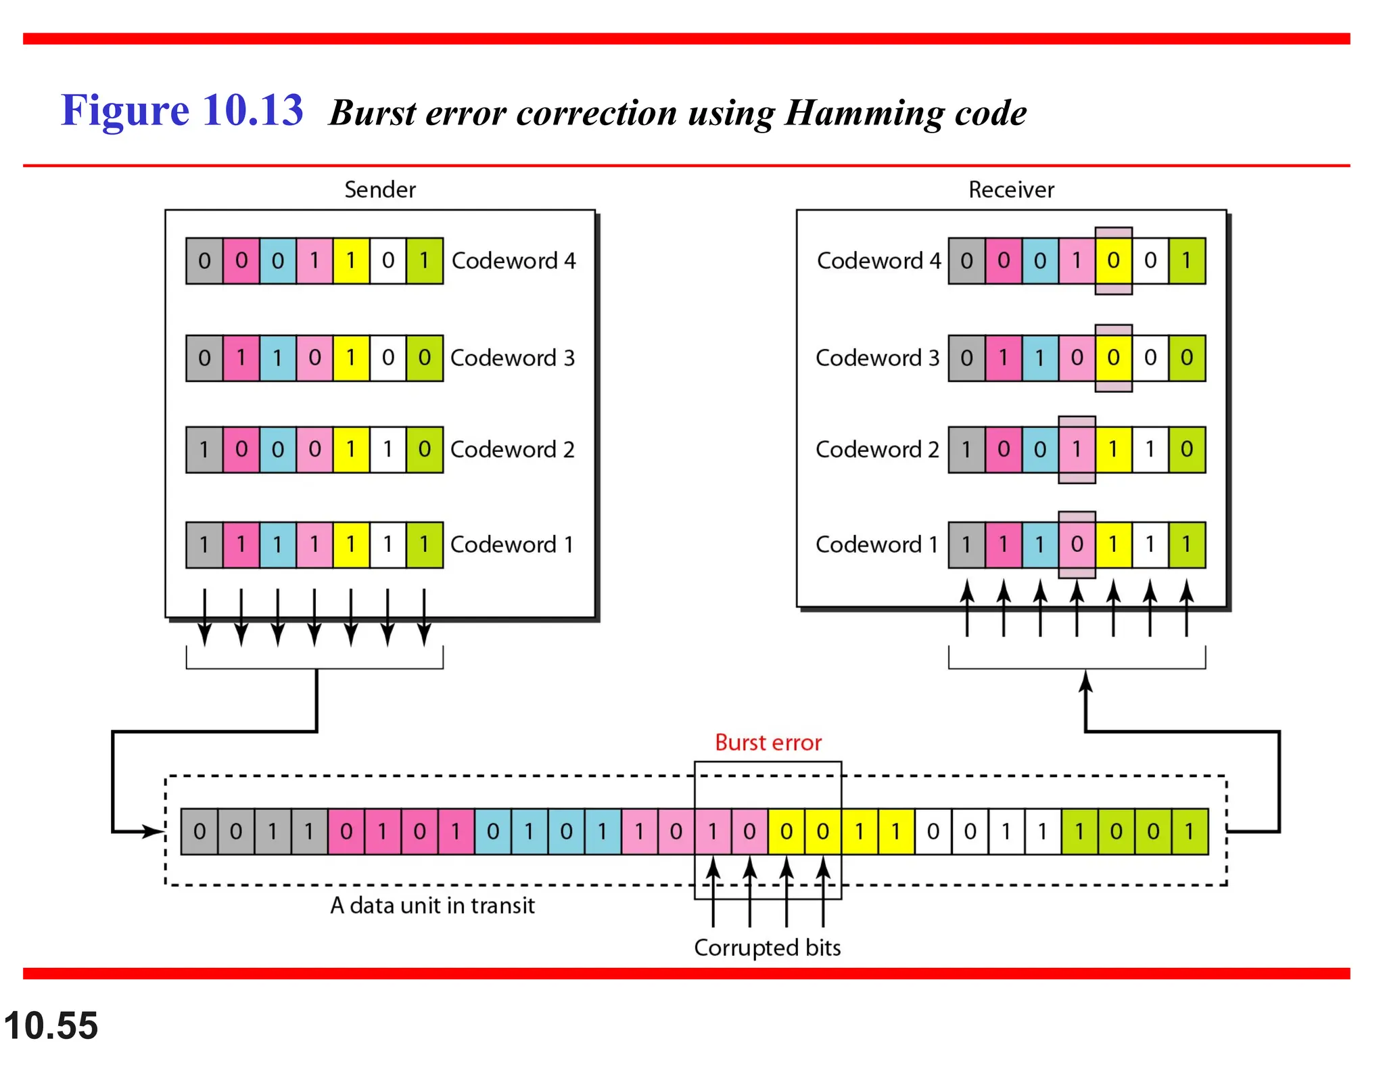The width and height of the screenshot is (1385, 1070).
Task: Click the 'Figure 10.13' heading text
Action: (x=182, y=110)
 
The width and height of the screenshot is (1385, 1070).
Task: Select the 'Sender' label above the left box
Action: (x=379, y=189)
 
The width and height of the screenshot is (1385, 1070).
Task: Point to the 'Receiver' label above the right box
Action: (x=1010, y=189)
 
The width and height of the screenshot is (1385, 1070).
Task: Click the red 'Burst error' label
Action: (x=768, y=743)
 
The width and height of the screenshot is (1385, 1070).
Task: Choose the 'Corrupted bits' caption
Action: (x=767, y=948)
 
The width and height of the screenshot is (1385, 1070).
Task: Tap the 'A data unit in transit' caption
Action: (x=432, y=905)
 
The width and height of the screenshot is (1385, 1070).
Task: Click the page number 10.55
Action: (x=51, y=1025)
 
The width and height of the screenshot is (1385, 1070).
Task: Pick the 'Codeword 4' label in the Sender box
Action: (x=513, y=260)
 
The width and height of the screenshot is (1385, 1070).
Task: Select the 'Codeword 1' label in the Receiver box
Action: (x=876, y=544)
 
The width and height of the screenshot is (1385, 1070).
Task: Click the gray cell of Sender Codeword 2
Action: (x=204, y=449)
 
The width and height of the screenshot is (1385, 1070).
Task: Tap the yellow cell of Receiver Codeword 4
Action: (x=1113, y=260)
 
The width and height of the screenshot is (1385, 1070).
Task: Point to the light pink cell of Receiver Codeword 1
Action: (x=1077, y=544)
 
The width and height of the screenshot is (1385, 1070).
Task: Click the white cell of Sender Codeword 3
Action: (x=388, y=358)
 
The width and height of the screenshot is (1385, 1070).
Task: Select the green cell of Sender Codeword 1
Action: (x=424, y=544)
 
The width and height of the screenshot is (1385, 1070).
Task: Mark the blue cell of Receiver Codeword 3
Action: (x=1040, y=358)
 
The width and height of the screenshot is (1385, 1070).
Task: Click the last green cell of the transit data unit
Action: (x=1190, y=831)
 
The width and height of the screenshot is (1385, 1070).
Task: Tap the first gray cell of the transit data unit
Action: (x=199, y=831)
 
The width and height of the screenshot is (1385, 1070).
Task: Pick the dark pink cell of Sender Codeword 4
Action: (x=241, y=260)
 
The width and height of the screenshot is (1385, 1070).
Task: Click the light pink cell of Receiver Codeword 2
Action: (x=1077, y=449)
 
